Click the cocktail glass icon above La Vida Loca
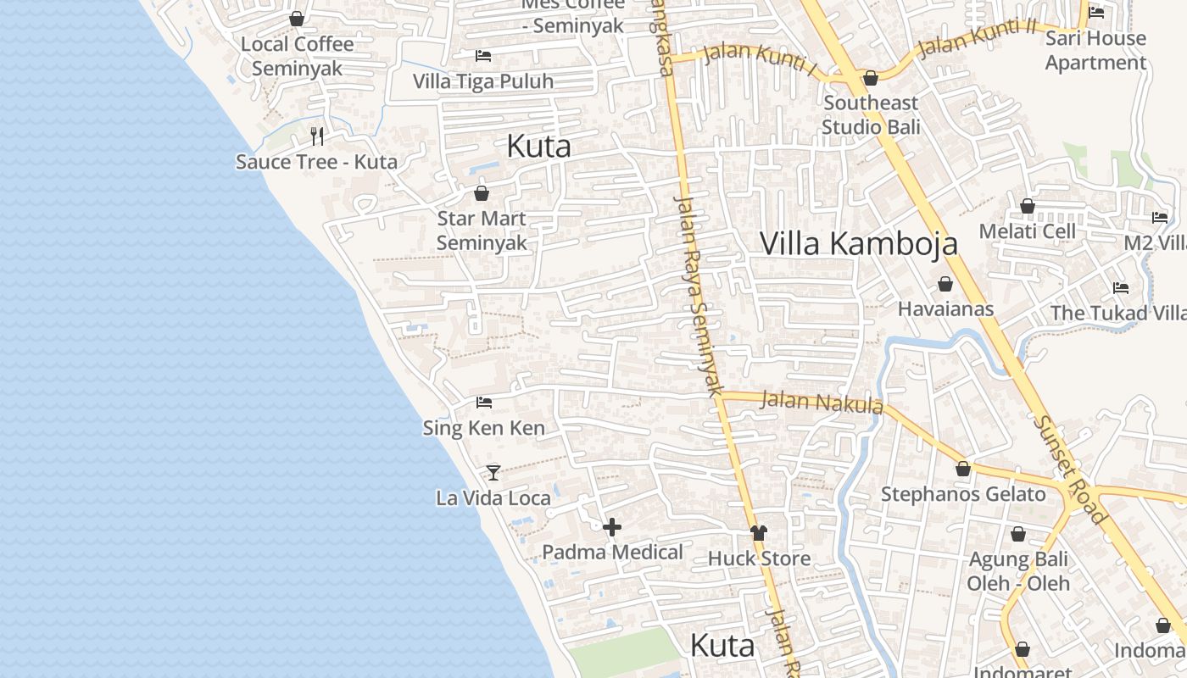click(x=493, y=472)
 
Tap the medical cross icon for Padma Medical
click(x=612, y=527)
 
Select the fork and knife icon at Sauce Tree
click(x=317, y=136)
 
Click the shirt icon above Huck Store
click(x=759, y=533)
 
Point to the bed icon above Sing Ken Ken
click(x=484, y=402)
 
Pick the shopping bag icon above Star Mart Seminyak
click(x=482, y=193)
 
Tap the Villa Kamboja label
click(x=859, y=243)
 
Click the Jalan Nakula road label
click(x=822, y=402)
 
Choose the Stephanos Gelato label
click(x=963, y=494)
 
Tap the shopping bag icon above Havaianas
click(x=945, y=284)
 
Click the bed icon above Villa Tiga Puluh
click(x=483, y=56)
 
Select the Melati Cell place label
click(x=1027, y=231)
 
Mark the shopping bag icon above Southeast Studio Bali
click(x=871, y=79)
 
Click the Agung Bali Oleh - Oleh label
click(x=1018, y=571)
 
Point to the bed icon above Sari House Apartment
click(x=1096, y=13)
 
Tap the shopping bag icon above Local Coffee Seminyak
click(x=297, y=19)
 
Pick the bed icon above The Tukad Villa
click(x=1121, y=288)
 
